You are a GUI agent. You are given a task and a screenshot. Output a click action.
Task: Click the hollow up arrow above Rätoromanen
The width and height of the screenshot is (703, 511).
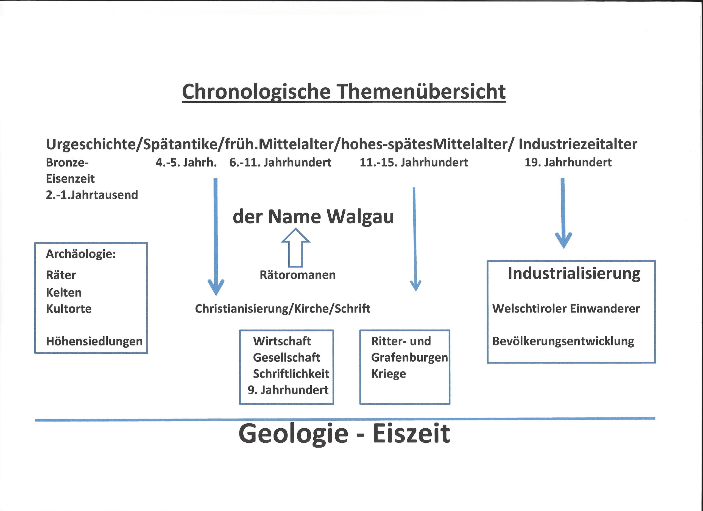pyautogui.click(x=295, y=248)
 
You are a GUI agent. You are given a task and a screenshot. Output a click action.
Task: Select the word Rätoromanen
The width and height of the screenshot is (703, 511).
pyautogui.click(x=298, y=275)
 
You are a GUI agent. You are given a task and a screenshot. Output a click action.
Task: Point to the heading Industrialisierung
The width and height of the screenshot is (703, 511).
pyautogui.click(x=574, y=274)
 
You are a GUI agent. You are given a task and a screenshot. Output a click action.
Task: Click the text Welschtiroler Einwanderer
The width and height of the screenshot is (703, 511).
pyautogui.click(x=566, y=309)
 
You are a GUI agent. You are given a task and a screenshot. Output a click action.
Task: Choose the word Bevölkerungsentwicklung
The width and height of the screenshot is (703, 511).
pyautogui.click(x=563, y=341)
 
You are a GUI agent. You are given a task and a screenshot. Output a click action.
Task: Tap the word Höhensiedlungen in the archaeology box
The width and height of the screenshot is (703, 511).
pyautogui.click(x=94, y=341)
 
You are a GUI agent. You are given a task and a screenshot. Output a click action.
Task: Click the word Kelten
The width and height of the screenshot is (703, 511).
pyautogui.click(x=64, y=292)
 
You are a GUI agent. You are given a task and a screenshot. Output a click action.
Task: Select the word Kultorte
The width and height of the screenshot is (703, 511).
pyautogui.click(x=69, y=309)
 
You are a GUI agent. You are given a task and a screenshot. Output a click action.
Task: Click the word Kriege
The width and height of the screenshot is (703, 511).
pyautogui.click(x=388, y=374)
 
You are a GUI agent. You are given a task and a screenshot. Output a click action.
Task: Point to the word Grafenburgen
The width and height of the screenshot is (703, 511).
pyautogui.click(x=409, y=358)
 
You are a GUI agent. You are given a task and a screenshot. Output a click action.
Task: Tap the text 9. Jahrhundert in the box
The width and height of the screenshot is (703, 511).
pyautogui.click(x=288, y=390)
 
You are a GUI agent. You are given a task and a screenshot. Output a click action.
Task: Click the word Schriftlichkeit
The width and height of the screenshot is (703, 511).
pyautogui.click(x=291, y=374)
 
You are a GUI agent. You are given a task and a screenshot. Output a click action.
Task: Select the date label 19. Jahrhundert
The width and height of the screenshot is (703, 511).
pyautogui.click(x=568, y=162)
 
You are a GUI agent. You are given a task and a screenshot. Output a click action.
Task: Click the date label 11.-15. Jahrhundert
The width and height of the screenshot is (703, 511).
pyautogui.click(x=414, y=162)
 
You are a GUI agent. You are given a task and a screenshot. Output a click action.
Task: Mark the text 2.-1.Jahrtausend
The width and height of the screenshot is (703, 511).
pyautogui.click(x=92, y=195)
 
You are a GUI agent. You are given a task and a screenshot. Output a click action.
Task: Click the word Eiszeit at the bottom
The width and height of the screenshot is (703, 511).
pyautogui.click(x=411, y=434)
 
